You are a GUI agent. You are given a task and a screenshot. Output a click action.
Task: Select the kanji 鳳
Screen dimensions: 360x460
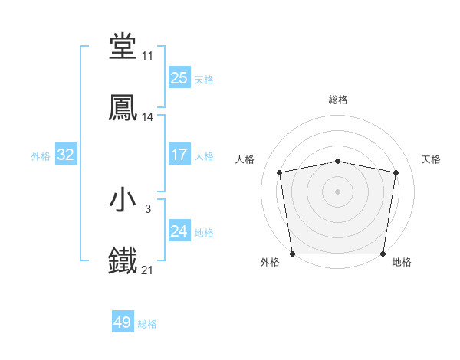[x=123, y=108]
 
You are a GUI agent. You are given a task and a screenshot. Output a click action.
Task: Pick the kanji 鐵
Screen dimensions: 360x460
[x=123, y=261]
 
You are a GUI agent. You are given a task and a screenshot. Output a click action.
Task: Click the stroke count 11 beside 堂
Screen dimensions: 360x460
[x=147, y=56]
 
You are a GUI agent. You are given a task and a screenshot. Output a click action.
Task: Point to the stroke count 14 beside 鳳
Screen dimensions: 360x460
[x=147, y=117]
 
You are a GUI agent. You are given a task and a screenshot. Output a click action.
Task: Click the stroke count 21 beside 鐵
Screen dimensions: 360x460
[x=147, y=270]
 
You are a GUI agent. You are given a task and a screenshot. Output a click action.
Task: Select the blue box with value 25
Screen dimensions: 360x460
[x=179, y=77]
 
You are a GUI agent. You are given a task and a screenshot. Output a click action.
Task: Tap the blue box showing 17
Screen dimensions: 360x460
[x=179, y=155]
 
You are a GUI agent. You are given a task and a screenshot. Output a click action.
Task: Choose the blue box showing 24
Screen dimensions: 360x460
[x=179, y=231]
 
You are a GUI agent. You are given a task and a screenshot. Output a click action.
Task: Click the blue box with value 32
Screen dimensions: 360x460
[x=66, y=155]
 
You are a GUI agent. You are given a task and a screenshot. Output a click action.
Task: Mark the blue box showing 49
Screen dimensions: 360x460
[x=123, y=322]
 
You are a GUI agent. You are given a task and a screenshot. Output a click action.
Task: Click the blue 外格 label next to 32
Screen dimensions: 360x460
[x=41, y=155]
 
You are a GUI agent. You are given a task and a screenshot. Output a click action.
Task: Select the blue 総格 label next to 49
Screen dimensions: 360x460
[x=147, y=324]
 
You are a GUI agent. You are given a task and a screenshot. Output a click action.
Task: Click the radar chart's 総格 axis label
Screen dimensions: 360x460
[x=338, y=100]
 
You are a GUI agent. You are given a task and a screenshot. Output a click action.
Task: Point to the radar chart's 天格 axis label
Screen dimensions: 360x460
[x=431, y=159]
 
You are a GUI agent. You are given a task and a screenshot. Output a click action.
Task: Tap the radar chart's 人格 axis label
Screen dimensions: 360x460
[x=245, y=159]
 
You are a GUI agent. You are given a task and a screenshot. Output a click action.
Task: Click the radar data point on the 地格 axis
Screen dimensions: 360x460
[x=383, y=254]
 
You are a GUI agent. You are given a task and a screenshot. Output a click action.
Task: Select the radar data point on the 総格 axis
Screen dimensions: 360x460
[x=338, y=161]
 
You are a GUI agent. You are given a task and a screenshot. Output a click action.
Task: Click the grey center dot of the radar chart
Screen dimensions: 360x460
[x=338, y=191]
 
